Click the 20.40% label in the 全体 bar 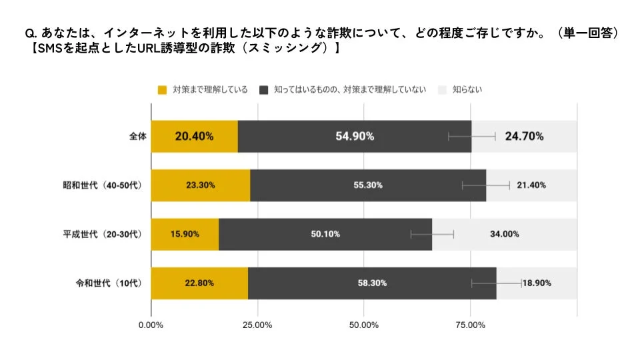[194, 136]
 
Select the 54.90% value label [354, 136]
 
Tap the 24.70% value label [524, 136]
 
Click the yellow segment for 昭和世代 [200, 185]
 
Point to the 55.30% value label [368, 185]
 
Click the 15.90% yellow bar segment [185, 234]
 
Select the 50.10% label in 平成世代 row [325, 234]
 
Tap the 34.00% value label [505, 234]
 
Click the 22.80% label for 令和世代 [199, 283]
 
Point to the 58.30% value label [372, 283]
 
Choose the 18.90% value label [537, 283]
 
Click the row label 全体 [137, 137]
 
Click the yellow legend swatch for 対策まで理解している [161, 89]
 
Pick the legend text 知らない [467, 89]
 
